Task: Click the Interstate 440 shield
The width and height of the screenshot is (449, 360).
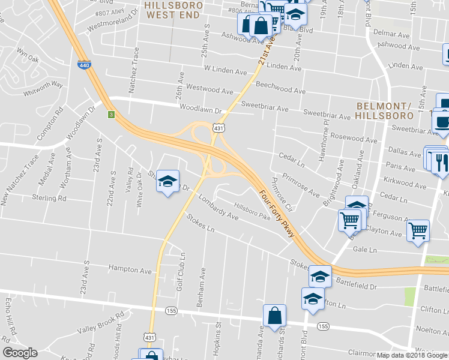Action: [83, 63]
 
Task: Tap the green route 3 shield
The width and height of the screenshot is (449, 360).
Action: [111, 114]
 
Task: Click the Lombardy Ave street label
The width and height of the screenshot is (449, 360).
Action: [219, 209]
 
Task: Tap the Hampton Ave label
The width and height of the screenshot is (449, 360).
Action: [130, 271]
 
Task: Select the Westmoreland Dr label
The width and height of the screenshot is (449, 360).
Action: [115, 20]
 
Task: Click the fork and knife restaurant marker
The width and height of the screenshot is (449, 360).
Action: [440, 163]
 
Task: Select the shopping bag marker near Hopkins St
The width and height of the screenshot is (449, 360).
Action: [274, 315]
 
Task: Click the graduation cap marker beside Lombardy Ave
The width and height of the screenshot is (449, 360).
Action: [168, 181]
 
